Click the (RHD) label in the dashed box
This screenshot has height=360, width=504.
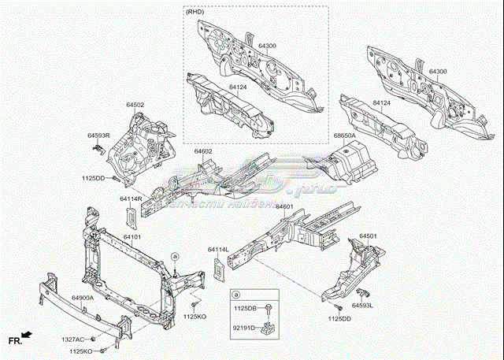coord(197,13)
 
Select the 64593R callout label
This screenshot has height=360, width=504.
coord(98,135)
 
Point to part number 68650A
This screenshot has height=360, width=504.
coord(344,135)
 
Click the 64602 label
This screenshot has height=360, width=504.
coord(203,150)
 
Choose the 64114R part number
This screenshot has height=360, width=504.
coord(130,199)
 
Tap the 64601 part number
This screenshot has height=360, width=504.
coord(284,206)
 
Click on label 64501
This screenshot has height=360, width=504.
coord(368,236)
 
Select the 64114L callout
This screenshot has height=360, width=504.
coord(218,250)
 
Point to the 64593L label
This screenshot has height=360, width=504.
coord(362,305)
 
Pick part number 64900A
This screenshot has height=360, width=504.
coord(83,298)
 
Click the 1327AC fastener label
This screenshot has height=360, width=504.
coord(73,340)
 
